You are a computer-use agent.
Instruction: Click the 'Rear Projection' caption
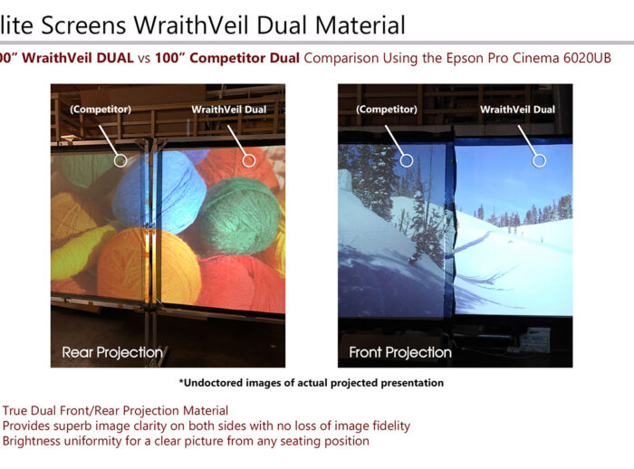tap(112, 351)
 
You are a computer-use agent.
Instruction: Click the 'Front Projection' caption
tap(400, 351)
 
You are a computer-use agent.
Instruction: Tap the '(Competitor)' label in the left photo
tap(100, 110)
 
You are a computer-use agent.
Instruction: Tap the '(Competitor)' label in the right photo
tap(388, 110)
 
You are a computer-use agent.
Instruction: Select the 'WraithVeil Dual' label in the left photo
tap(228, 110)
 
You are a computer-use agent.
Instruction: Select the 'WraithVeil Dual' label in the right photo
tap(517, 110)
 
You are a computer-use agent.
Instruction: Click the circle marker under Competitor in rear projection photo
tap(120, 160)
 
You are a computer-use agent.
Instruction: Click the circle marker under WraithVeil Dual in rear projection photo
tap(249, 160)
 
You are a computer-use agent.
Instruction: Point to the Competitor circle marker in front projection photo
tap(407, 160)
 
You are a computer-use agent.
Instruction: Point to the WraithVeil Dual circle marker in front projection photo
tap(539, 160)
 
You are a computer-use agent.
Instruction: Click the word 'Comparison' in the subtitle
tap(339, 58)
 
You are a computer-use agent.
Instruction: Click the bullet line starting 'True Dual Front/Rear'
tap(115, 411)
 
